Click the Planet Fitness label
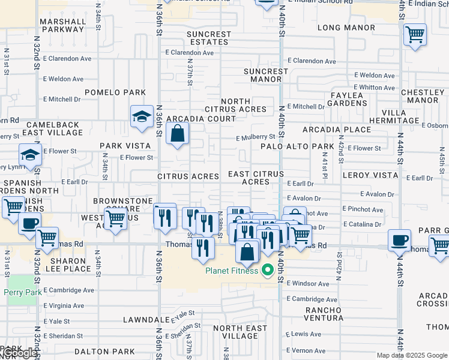(x=232, y=271)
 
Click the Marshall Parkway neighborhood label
(x=63, y=25)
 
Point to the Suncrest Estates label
(x=208, y=38)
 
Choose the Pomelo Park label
(x=115, y=92)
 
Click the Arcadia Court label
(x=201, y=119)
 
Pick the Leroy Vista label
(x=370, y=175)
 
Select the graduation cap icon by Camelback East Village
(x=142, y=116)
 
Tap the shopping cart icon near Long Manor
(x=415, y=35)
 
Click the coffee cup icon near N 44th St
(x=399, y=241)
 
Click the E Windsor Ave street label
(x=307, y=283)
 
